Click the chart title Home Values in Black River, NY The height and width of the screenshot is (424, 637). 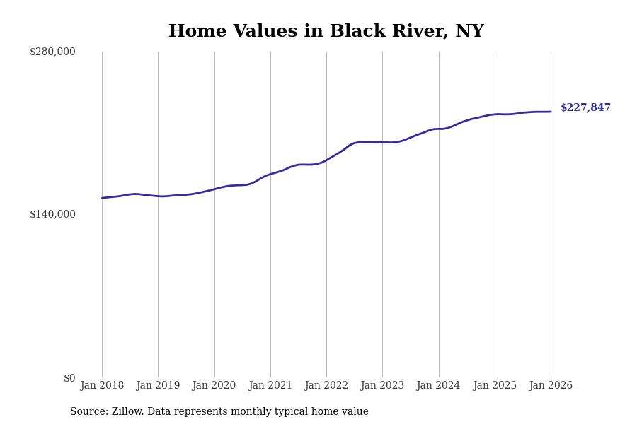(326, 32)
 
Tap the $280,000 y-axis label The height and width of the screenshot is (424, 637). (52, 52)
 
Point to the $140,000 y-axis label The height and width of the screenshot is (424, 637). (52, 214)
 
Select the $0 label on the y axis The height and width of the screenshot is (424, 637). (69, 378)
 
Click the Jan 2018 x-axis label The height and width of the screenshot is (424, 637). (102, 385)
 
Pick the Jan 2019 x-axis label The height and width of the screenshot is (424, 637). (158, 385)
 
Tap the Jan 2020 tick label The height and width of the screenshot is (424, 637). (214, 385)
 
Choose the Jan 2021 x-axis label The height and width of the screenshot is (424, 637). (270, 385)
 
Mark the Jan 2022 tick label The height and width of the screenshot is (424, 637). (326, 385)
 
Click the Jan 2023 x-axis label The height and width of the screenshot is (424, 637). (382, 385)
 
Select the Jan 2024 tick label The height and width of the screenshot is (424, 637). (438, 385)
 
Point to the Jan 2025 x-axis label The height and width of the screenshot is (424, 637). (495, 385)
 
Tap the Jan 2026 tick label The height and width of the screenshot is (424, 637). (551, 385)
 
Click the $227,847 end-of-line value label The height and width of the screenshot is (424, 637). (585, 108)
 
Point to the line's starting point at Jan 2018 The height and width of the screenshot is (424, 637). (102, 198)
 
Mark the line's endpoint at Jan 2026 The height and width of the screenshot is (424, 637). (551, 112)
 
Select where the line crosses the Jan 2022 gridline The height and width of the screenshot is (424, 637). (326, 160)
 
